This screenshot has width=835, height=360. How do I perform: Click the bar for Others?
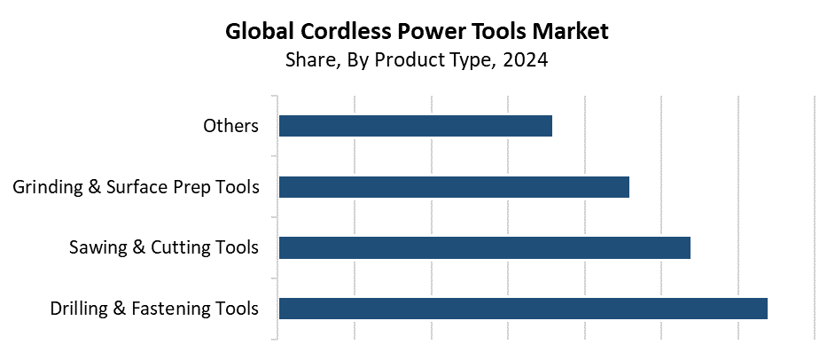[x=415, y=126]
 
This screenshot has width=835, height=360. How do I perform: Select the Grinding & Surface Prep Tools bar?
[x=454, y=187]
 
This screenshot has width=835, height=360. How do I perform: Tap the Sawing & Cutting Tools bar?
[x=484, y=247]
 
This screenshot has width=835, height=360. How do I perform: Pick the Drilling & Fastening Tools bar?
[x=523, y=309]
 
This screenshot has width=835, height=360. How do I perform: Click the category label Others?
[x=230, y=126]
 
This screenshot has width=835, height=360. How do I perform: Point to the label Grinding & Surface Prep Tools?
[x=136, y=187]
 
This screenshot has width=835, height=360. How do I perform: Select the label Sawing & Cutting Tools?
[x=164, y=247]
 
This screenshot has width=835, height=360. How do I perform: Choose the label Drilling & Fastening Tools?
[x=154, y=309]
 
